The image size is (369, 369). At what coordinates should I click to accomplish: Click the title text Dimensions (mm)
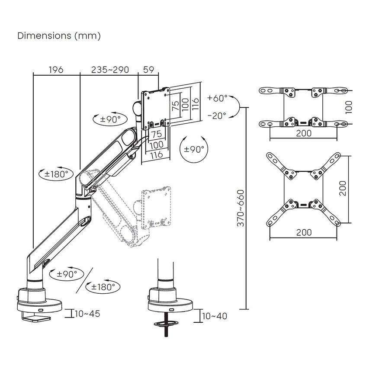pos(59,36)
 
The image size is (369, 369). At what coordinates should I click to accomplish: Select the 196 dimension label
pos(56,70)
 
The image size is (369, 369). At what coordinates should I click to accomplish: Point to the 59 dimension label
pos(149,70)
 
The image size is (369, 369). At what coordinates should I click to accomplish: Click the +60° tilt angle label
pos(217,98)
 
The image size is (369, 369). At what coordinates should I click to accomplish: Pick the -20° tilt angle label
pos(217,116)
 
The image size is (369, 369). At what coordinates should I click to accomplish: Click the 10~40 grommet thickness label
pos(214,316)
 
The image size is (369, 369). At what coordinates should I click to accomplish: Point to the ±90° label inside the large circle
pos(193,149)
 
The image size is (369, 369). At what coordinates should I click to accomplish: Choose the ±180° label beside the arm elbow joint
pos(57,174)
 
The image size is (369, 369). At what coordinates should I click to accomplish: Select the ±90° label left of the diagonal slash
pos(67,274)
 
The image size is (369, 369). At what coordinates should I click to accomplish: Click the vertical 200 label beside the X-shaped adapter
pos(343,188)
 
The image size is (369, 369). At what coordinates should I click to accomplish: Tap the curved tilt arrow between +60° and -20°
pos(236,107)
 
